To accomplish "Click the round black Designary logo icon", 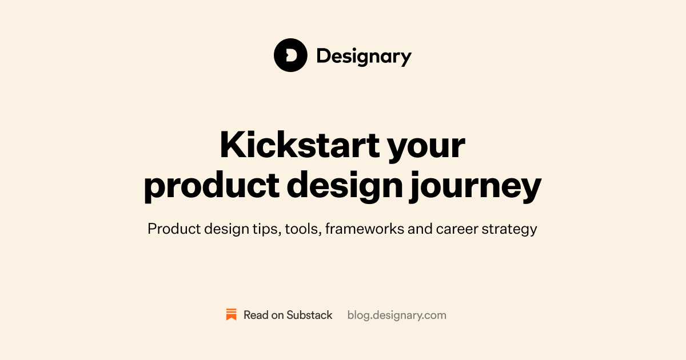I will point(290,55).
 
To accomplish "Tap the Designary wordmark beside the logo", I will point(364,56).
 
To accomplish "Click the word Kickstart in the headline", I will point(299,145).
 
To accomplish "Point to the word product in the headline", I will point(212,186).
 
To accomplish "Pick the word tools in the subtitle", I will point(301,229).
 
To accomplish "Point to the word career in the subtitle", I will point(457,229).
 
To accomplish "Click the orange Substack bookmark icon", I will point(231,314).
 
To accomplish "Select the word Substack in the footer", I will point(309,315).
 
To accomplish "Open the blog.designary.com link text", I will point(397,315).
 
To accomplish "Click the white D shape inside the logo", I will point(290,55).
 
